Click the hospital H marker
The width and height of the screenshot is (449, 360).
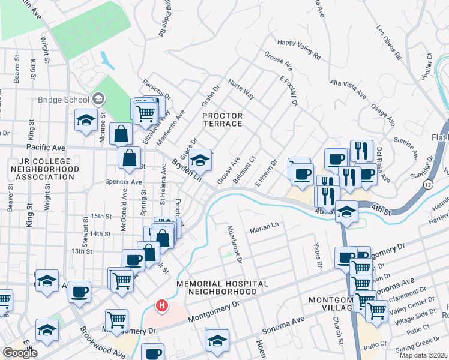(x=161, y=306)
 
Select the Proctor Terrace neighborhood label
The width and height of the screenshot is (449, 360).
(x=222, y=119)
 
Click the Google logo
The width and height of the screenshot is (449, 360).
(x=20, y=353)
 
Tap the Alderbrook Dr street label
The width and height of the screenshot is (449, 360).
(x=234, y=244)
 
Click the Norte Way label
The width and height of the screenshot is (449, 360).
(x=241, y=91)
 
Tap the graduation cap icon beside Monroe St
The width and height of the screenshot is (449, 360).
(x=86, y=120)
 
